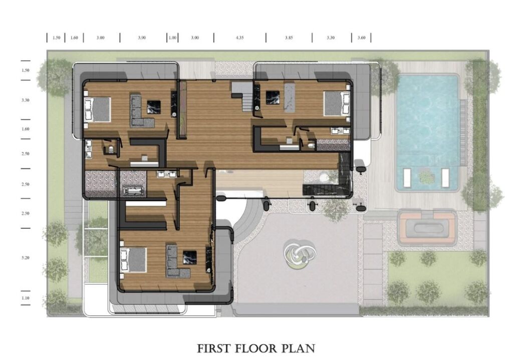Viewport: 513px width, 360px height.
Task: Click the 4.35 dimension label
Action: (x=240, y=38)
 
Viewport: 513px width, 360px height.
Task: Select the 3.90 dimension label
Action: (x=142, y=38)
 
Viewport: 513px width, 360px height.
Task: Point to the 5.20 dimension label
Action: (x=26, y=258)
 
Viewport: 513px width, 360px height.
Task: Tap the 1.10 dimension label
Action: (x=26, y=298)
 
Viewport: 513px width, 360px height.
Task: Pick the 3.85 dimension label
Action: (x=289, y=38)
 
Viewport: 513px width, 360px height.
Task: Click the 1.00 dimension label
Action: (x=172, y=38)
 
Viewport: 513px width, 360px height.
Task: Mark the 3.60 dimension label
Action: (x=361, y=38)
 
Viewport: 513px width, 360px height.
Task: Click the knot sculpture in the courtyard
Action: (x=300, y=254)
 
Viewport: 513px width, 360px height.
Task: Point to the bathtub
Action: (x=133, y=191)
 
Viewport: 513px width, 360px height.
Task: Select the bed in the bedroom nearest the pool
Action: (x=337, y=104)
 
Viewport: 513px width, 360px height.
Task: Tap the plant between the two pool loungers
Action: (x=426, y=178)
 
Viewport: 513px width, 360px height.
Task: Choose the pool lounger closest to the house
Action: (x=407, y=178)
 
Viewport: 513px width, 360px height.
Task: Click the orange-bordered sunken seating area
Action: (x=427, y=228)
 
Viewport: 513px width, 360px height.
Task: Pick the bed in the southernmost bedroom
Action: (x=133, y=260)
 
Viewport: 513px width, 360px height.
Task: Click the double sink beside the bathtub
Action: (x=167, y=174)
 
